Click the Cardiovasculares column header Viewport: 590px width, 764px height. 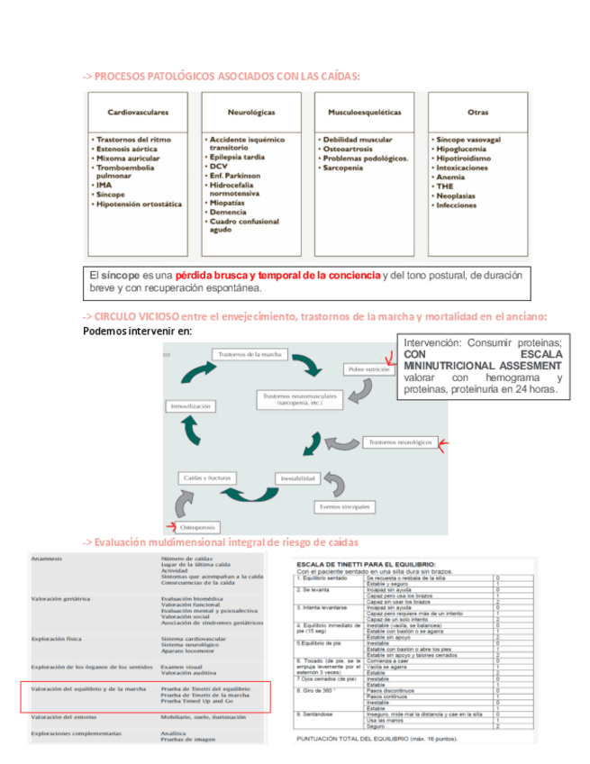(x=138, y=113)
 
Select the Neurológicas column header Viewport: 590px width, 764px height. (x=251, y=113)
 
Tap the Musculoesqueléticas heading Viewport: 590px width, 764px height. (x=365, y=113)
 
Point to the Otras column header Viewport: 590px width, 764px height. (x=478, y=113)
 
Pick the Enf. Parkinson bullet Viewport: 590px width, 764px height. (x=236, y=176)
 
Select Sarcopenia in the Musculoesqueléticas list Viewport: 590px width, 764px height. (x=347, y=168)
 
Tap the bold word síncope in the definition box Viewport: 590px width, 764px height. (x=122, y=274)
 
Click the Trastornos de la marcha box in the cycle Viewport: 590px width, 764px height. (x=250, y=354)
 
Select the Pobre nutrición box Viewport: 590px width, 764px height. (x=368, y=369)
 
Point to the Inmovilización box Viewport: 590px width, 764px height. (x=192, y=406)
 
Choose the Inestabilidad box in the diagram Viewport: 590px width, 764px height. (x=297, y=477)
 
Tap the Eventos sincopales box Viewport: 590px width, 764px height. (x=345, y=506)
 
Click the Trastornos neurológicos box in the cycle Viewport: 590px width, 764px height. (x=402, y=442)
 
